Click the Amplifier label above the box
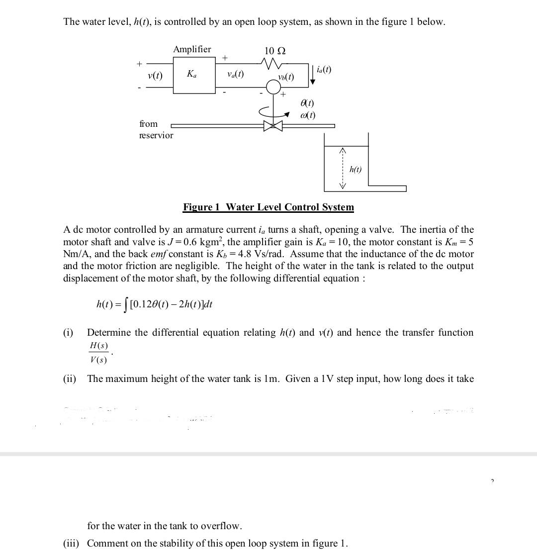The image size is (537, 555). (x=192, y=49)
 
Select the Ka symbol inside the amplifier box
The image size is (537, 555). (x=191, y=74)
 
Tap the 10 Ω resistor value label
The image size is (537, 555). (x=275, y=51)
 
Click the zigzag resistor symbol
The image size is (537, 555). (x=272, y=63)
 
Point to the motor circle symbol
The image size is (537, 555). (x=273, y=88)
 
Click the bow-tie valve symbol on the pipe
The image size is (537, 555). (x=273, y=125)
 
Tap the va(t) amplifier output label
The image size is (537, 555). (x=235, y=75)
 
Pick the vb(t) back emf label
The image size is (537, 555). (x=286, y=77)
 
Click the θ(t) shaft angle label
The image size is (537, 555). (x=307, y=103)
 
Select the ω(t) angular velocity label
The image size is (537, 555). (x=308, y=115)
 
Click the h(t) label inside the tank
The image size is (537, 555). (x=356, y=170)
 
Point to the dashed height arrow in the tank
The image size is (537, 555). (x=342, y=169)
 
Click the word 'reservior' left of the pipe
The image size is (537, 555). (x=156, y=135)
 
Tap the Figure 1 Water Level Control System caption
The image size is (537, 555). (x=268, y=207)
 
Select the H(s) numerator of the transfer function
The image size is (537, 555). (x=98, y=346)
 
